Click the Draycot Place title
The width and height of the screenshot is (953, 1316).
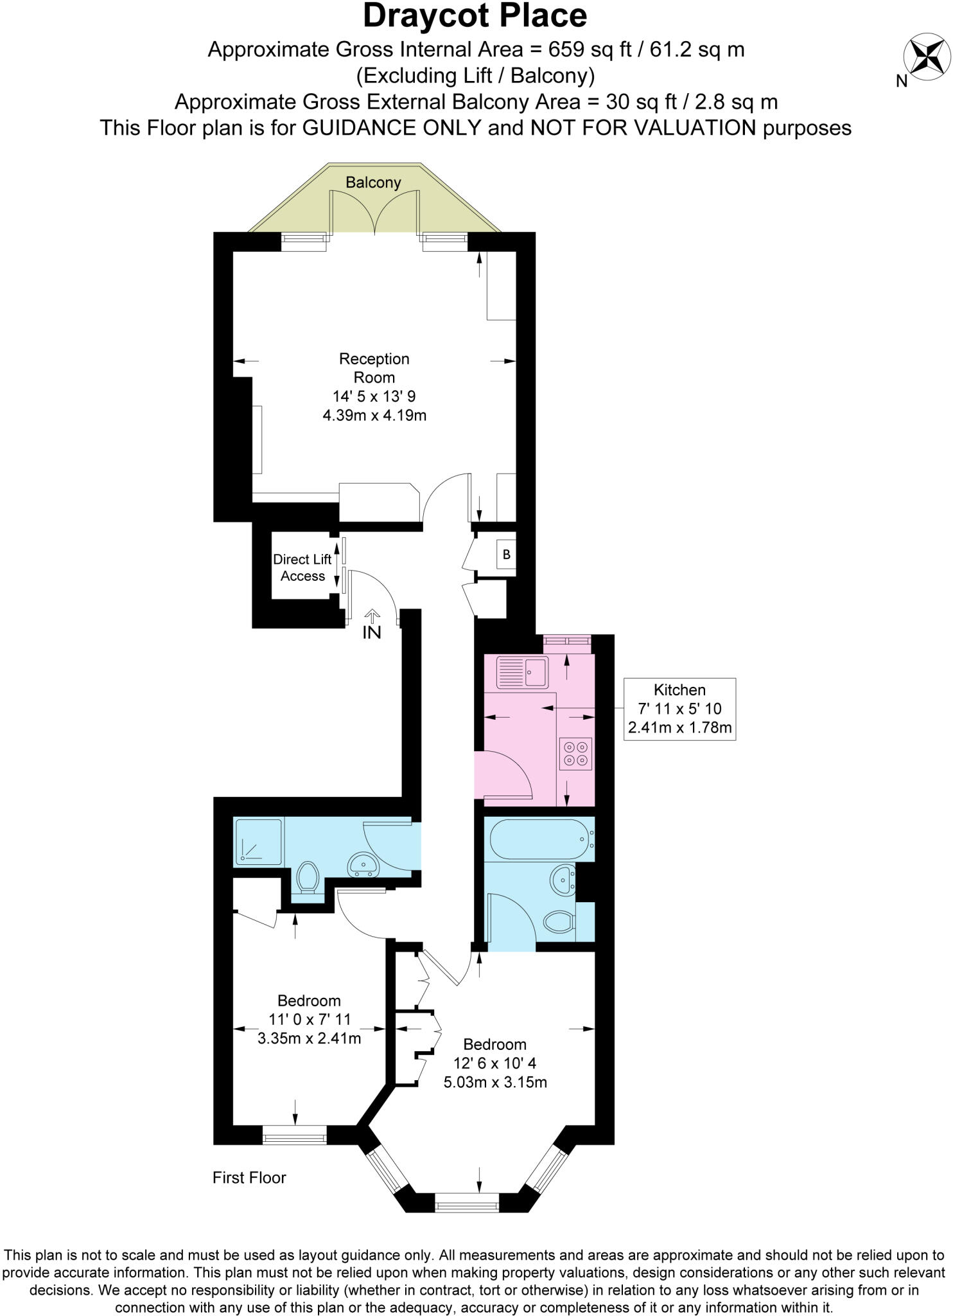(475, 16)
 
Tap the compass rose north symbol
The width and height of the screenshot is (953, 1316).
(926, 56)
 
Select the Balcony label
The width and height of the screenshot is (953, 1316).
(373, 182)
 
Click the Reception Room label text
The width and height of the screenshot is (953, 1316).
(374, 368)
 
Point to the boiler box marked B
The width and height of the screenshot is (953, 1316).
(506, 555)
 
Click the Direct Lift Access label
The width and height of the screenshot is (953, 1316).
(302, 568)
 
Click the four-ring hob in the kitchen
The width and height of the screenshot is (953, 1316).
(575, 754)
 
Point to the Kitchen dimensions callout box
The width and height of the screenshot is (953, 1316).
(679, 709)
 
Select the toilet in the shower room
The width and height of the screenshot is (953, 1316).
(308, 877)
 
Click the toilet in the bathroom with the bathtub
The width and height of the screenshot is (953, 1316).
(558, 923)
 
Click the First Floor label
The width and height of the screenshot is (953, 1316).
(249, 1177)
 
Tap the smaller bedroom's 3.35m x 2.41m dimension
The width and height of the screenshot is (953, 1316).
(309, 1038)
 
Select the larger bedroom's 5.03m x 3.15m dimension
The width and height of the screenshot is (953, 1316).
(495, 1082)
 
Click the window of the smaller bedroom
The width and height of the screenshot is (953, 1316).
(295, 1134)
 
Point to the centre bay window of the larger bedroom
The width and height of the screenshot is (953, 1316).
(467, 1202)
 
